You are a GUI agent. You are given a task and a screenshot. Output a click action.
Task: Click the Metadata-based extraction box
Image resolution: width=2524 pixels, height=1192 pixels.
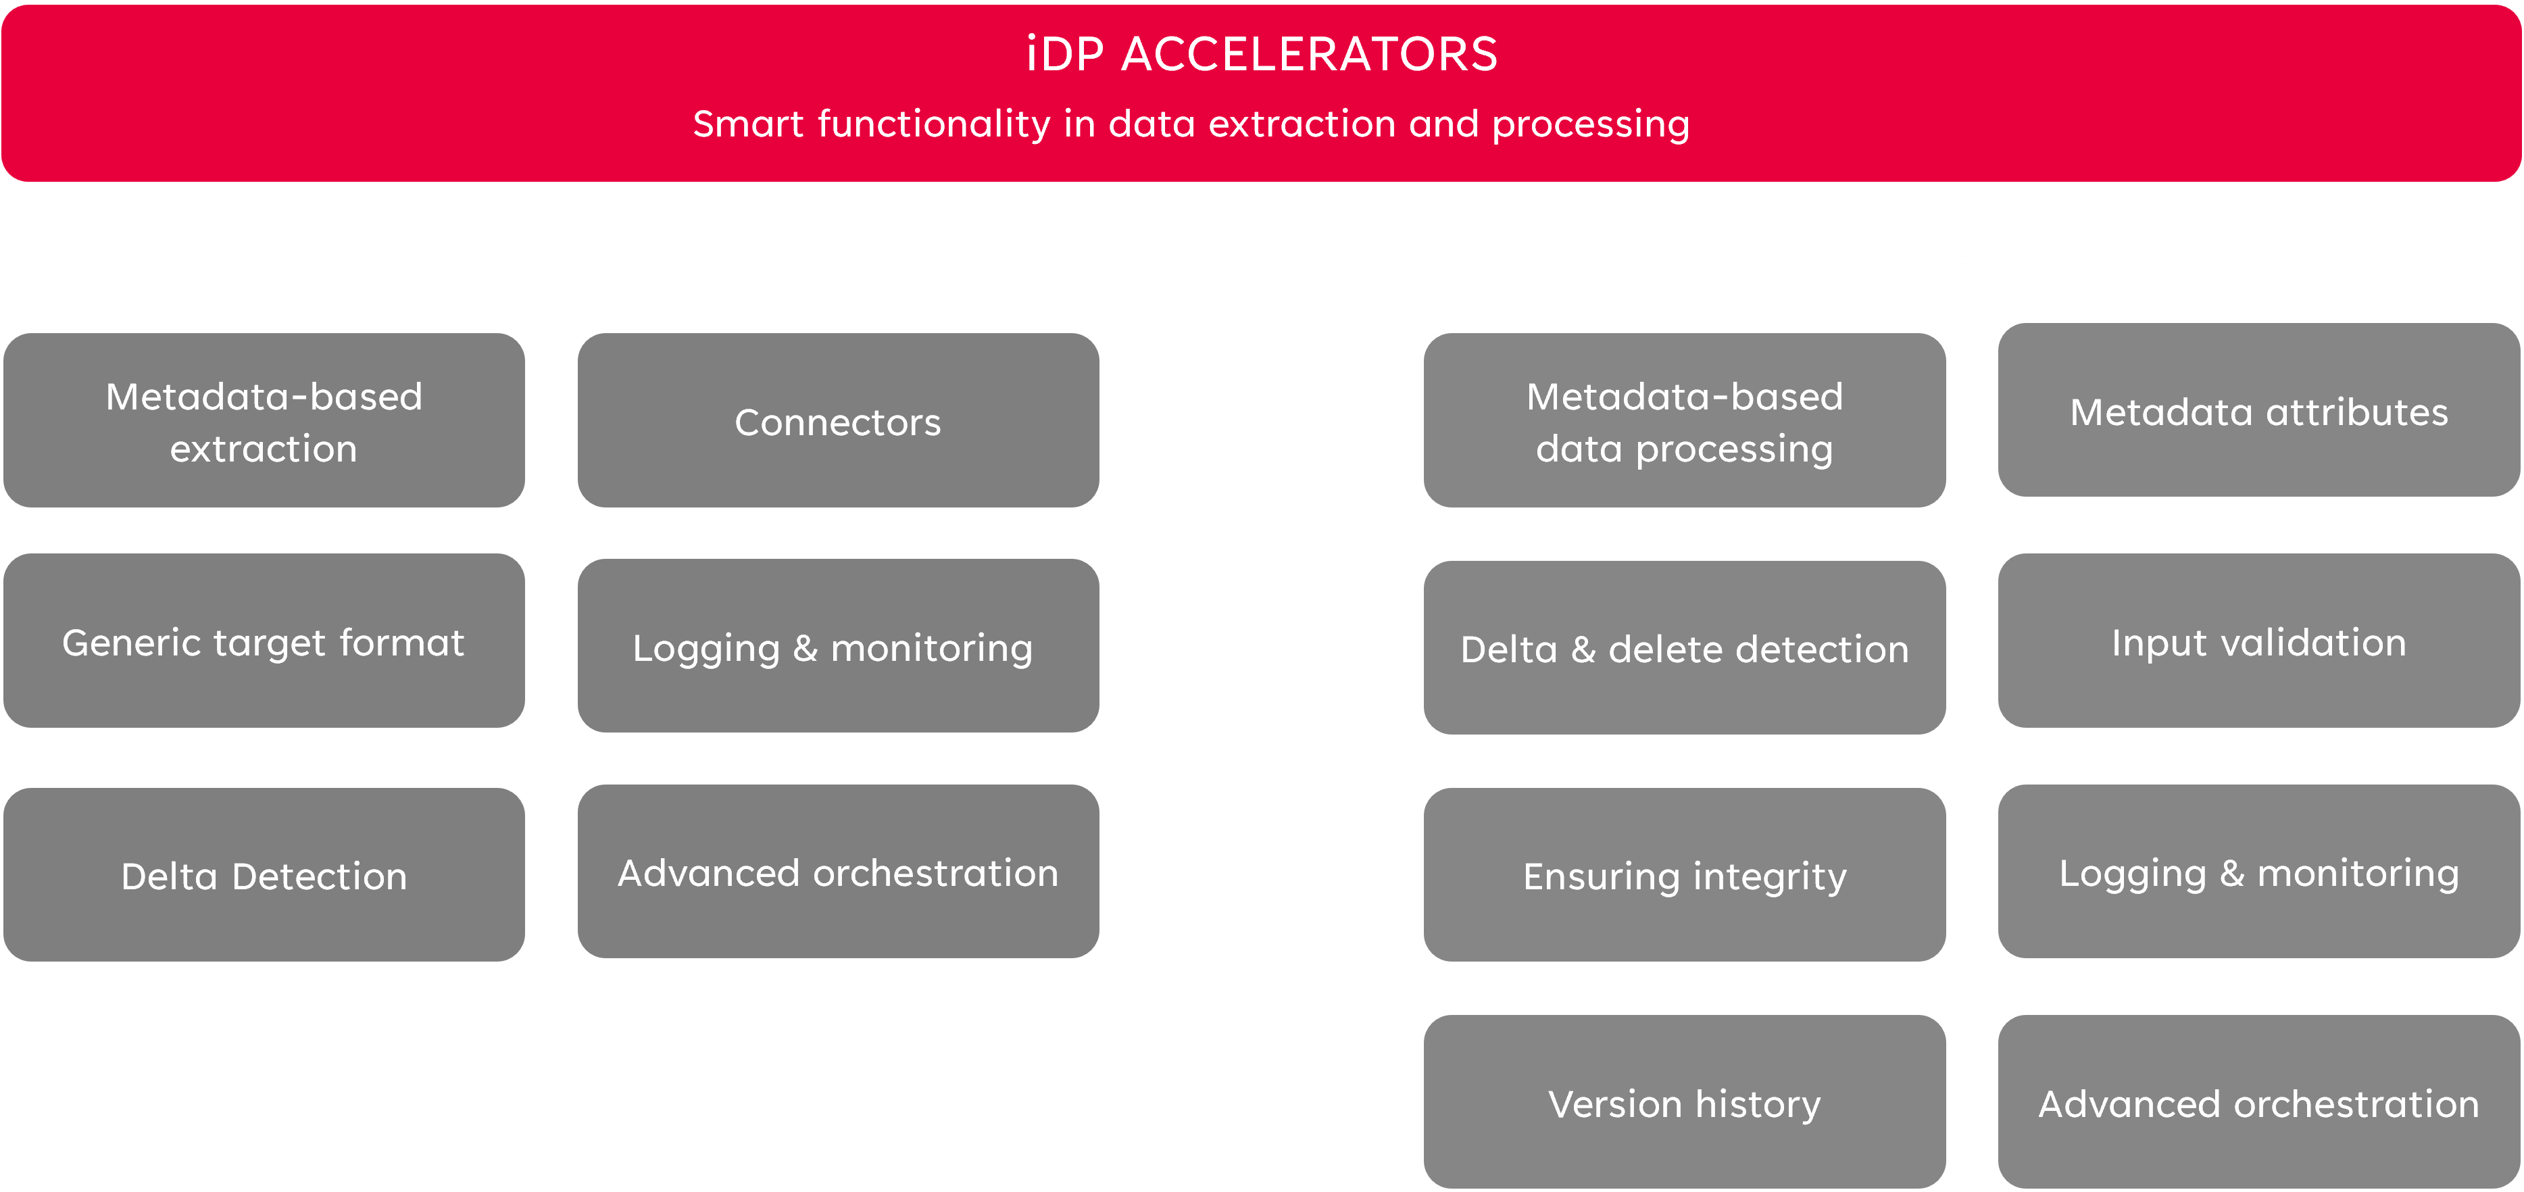pyautogui.click(x=264, y=420)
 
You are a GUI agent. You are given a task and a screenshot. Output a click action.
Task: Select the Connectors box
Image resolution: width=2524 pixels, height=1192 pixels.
pyautogui.click(x=838, y=420)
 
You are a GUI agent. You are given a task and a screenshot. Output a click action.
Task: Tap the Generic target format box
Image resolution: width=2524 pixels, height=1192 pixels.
pyautogui.click(x=264, y=641)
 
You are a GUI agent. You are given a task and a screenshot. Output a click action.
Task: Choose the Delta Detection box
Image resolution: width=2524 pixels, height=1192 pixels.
pyautogui.click(x=264, y=874)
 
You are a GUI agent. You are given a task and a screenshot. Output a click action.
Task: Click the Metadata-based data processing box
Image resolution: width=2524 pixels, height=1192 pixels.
pyautogui.click(x=1684, y=420)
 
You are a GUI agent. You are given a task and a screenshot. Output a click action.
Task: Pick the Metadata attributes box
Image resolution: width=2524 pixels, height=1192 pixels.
pyautogui.click(x=2258, y=410)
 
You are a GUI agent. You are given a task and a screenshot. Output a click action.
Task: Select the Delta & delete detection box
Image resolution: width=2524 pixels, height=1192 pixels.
pyautogui.click(x=1684, y=647)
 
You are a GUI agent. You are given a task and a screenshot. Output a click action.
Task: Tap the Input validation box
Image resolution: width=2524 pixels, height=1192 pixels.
pyautogui.click(x=2258, y=641)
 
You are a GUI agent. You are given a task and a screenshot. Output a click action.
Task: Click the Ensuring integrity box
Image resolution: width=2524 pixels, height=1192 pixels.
pyautogui.click(x=1684, y=874)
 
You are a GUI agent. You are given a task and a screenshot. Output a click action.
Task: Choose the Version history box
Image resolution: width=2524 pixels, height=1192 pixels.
pyautogui.click(x=1684, y=1102)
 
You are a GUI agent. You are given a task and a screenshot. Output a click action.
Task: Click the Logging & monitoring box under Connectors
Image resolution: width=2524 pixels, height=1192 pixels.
pyautogui.click(x=838, y=645)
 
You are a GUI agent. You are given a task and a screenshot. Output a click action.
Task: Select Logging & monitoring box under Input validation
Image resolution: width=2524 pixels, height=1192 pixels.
pyautogui.click(x=2258, y=871)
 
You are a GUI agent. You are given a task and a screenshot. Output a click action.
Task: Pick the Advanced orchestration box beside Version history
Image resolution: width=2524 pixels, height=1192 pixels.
pyautogui.click(x=2258, y=1102)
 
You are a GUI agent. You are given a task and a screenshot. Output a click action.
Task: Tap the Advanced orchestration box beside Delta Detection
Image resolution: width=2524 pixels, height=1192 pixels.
pyautogui.click(x=838, y=871)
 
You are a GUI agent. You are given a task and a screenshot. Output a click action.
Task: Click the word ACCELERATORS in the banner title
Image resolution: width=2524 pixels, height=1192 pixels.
pyautogui.click(x=1310, y=54)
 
